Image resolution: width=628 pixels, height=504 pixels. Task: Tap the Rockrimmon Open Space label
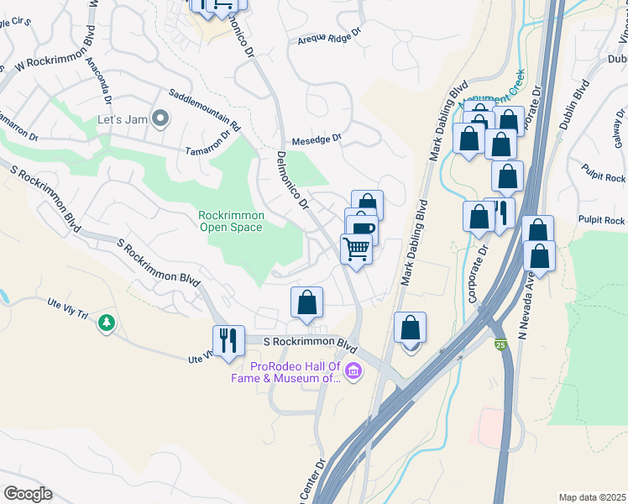pos(231,221)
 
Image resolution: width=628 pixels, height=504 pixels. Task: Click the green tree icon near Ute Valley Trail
pos(106,323)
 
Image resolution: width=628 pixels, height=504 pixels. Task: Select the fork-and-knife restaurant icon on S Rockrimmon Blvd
pos(228,340)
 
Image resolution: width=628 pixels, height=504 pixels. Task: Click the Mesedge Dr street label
pos(317,139)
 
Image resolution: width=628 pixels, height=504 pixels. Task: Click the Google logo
pos(28,494)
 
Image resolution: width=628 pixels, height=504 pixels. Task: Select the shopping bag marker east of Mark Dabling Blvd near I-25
pos(410,328)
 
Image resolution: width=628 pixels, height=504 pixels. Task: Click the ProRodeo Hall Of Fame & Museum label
pos(285,371)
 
